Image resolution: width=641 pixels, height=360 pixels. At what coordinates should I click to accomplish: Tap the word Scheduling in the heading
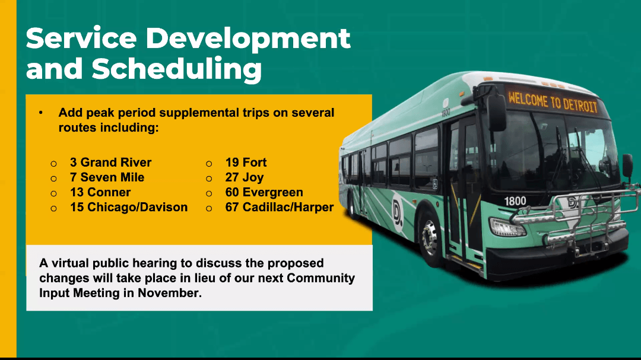177,69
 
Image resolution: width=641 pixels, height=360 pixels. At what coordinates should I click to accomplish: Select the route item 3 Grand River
110,163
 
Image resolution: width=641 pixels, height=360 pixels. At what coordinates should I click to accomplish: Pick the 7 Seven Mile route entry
107,177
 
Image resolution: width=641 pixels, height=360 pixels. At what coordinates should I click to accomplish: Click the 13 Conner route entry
100,192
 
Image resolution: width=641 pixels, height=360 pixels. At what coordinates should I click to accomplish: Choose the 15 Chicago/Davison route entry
129,207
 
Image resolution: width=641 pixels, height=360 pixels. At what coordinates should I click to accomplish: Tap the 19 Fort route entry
246,163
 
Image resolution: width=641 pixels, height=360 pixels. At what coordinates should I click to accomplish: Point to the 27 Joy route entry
245,178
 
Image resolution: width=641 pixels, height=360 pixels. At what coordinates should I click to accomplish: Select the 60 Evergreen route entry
264,193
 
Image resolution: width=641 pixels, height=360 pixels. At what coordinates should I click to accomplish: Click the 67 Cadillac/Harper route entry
279,207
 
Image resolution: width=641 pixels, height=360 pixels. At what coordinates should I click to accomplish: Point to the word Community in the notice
320,278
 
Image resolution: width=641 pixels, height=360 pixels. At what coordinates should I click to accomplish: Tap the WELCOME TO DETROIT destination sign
553,102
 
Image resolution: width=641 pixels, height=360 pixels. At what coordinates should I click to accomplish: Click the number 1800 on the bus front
515,201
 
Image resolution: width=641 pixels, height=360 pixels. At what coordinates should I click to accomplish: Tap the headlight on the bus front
507,227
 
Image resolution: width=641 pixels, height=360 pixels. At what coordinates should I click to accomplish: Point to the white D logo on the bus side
397,212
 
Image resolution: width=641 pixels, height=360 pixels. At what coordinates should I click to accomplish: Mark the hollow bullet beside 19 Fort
209,164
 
